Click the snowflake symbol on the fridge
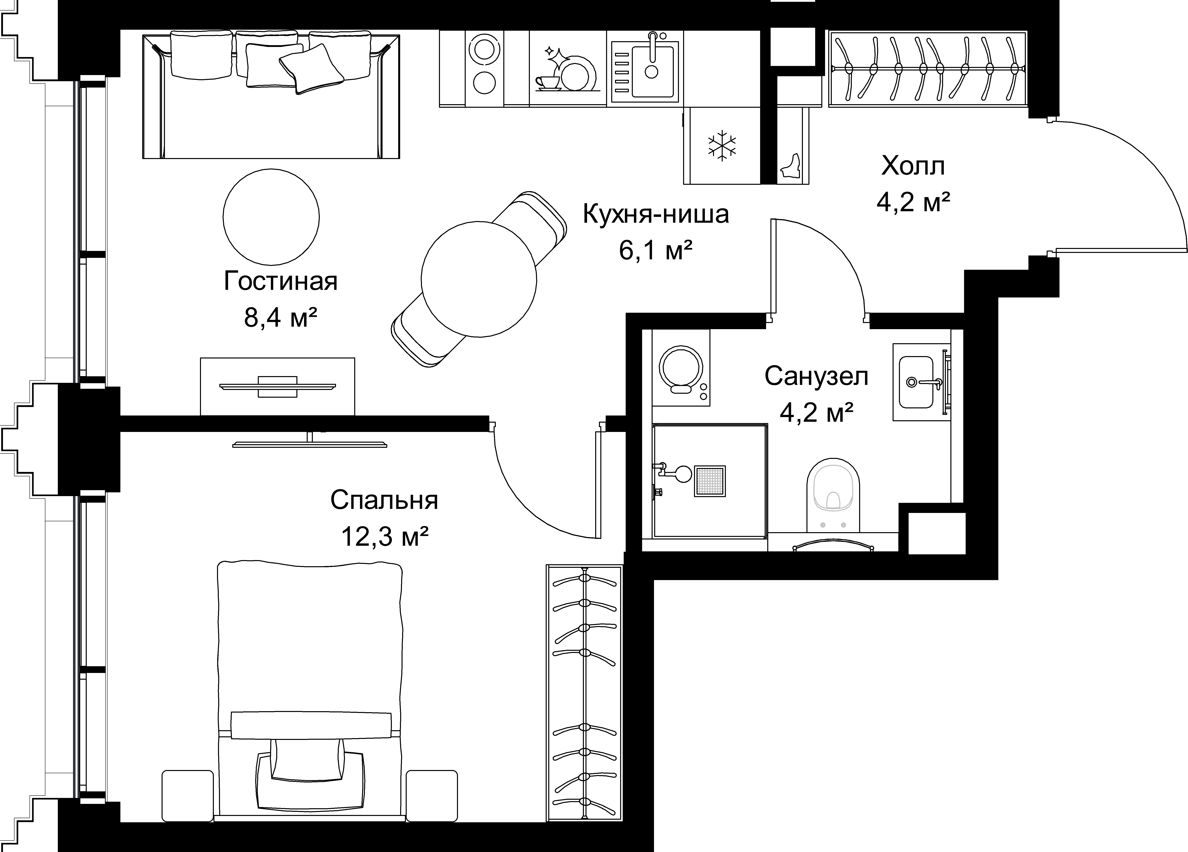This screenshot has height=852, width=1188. click(722, 146)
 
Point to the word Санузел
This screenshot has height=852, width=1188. click(816, 376)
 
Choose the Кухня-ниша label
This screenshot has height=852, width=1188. click(656, 214)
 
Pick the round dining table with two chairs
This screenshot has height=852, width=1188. click(479, 279)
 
